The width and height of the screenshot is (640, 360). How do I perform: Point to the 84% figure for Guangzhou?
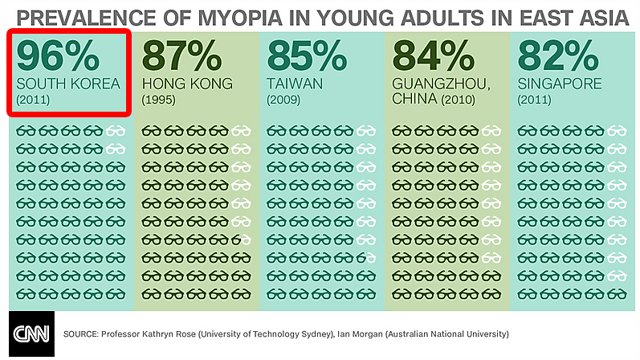point(434,55)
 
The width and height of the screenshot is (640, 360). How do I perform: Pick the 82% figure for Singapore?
point(560,55)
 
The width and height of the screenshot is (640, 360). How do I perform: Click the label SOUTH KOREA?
point(67,84)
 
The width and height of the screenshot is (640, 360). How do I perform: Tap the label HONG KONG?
point(187,84)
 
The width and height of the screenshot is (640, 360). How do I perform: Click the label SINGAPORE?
point(560,84)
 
